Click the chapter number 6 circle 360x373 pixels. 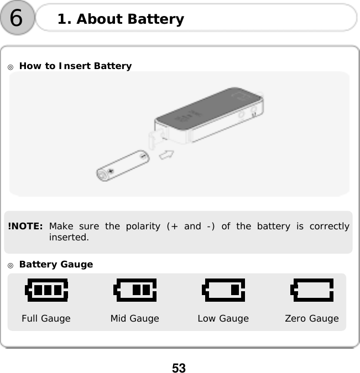click(x=17, y=19)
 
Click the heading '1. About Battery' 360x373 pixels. click(x=121, y=19)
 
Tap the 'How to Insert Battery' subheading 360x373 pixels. click(x=75, y=66)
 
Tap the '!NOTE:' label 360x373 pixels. click(x=25, y=227)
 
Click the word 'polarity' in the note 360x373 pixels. click(x=143, y=227)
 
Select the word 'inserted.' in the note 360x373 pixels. click(x=69, y=238)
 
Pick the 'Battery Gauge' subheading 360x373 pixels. click(x=56, y=265)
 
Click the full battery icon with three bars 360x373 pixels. click(x=47, y=290)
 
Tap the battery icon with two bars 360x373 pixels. click(x=135, y=290)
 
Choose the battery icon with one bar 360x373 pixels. click(x=223, y=290)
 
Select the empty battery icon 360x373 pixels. click(x=312, y=290)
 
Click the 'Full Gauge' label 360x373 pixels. click(x=46, y=318)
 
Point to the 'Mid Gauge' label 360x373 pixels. click(x=134, y=318)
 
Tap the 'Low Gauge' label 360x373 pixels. click(x=223, y=318)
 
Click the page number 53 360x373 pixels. click(x=179, y=367)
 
